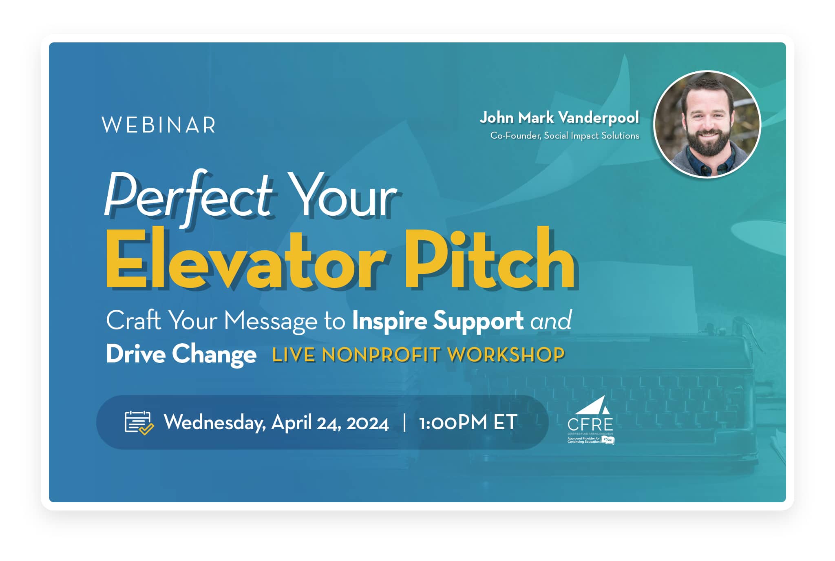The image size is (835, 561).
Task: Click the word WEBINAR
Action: tap(159, 125)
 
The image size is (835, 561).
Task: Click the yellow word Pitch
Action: tap(489, 260)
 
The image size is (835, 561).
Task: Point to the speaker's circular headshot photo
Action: tap(707, 125)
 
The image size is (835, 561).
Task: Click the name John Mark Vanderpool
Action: tap(559, 118)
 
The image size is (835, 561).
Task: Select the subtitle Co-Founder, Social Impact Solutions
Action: tap(565, 136)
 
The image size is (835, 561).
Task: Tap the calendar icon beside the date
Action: tap(139, 422)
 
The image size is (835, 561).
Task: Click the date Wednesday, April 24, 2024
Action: tap(276, 422)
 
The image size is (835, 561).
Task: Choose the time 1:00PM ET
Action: tap(468, 422)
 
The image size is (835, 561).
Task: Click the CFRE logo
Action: tap(590, 420)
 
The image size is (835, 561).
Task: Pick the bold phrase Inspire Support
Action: tap(437, 320)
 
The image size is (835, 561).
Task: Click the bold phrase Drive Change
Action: tap(181, 354)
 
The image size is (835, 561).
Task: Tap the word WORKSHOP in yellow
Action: tap(506, 355)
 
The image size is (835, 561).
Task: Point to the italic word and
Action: tap(551, 321)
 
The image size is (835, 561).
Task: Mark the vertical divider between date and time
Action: tap(404, 422)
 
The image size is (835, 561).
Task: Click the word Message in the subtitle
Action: tap(271, 321)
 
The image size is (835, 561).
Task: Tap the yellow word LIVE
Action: tap(294, 355)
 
